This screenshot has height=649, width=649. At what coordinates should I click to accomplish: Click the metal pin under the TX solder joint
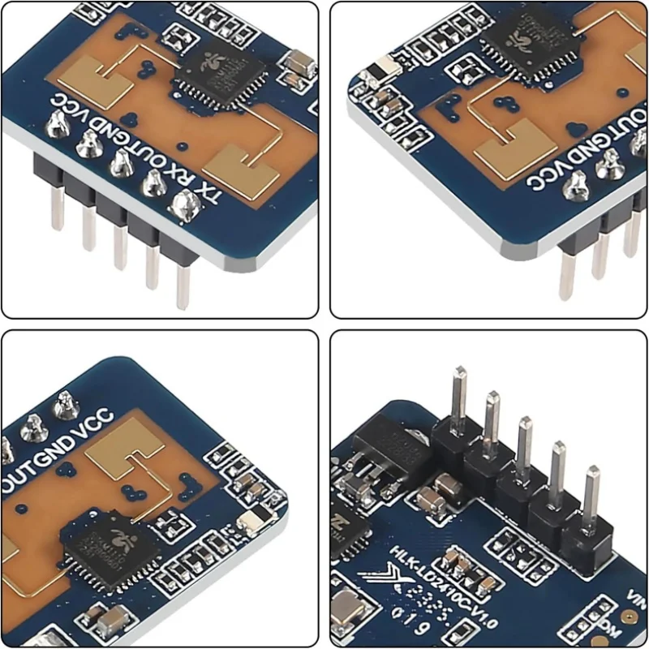[183, 280]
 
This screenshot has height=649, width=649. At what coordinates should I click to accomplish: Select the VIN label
[637, 600]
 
